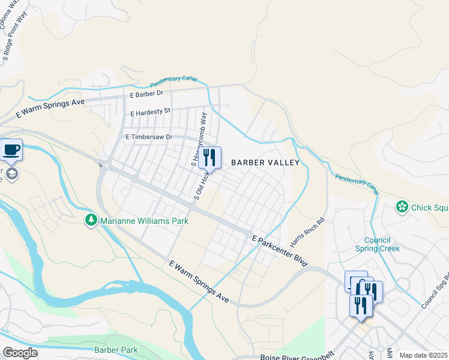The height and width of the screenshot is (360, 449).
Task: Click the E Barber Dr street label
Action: click(x=146, y=94)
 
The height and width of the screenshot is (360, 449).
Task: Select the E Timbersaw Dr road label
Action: click(x=148, y=137)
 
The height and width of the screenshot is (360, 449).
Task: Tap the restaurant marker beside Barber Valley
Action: click(x=209, y=158)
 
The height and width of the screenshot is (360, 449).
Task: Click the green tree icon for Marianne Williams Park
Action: click(x=91, y=220)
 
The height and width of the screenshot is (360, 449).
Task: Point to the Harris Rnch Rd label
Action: click(x=307, y=233)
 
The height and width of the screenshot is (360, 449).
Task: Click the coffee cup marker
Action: click(x=11, y=149)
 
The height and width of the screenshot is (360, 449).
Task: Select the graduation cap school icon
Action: click(x=12, y=174)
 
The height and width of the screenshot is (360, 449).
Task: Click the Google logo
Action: click(x=20, y=353)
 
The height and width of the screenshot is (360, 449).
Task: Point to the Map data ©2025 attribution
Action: click(x=423, y=355)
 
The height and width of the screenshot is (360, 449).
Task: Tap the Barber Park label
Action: click(x=116, y=350)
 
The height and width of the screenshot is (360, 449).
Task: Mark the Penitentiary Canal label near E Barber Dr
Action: click(x=173, y=80)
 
